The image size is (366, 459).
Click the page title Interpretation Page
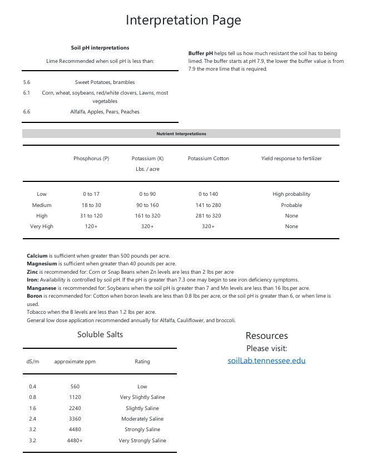click(x=183, y=21)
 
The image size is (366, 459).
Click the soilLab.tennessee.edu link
click(x=266, y=361)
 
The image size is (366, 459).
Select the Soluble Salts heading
click(x=100, y=334)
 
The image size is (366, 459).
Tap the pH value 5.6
click(x=27, y=82)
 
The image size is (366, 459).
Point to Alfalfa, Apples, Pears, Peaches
click(x=105, y=112)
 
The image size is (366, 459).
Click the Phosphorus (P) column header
click(x=91, y=159)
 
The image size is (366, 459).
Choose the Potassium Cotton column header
click(x=208, y=159)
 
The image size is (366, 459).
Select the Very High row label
click(x=42, y=226)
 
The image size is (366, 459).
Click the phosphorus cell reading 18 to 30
click(x=91, y=205)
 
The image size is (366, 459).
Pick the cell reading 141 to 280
click(x=208, y=205)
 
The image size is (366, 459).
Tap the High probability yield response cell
click(x=291, y=194)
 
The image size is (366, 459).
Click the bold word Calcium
click(x=37, y=256)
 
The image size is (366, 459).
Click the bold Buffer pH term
click(x=201, y=53)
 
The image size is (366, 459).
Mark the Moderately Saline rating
click(x=142, y=419)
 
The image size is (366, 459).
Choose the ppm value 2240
click(x=75, y=408)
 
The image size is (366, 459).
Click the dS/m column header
click(x=33, y=362)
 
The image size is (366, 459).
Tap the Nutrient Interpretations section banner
click(x=181, y=134)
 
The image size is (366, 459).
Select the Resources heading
click(x=266, y=335)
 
